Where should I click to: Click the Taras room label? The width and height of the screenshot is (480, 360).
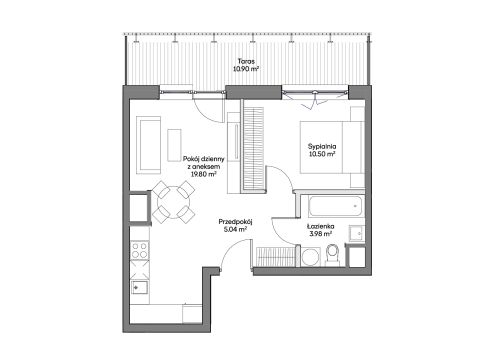(246, 61)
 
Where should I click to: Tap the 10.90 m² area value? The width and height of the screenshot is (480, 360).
(246, 69)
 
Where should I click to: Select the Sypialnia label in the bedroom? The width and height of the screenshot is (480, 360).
(322, 146)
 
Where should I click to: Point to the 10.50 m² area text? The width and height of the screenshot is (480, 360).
(322, 154)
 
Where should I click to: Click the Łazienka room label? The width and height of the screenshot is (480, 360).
(321, 227)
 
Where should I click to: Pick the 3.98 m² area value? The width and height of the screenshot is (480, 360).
(321, 234)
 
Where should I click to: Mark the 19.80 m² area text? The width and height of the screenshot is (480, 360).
(204, 174)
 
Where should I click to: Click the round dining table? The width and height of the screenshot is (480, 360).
(173, 202)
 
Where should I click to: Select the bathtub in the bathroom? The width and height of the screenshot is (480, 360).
(335, 206)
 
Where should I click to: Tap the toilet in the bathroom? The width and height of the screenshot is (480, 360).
(332, 255)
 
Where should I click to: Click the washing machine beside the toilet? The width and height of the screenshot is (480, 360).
(311, 257)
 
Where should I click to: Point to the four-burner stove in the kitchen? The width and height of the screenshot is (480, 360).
(140, 250)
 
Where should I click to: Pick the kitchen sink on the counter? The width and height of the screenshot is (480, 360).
(140, 287)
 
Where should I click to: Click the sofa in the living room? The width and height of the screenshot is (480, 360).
(149, 145)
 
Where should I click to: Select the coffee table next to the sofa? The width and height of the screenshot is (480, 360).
(174, 145)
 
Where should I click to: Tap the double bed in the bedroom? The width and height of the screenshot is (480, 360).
(332, 147)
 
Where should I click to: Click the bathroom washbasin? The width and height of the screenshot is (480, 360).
(356, 233)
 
